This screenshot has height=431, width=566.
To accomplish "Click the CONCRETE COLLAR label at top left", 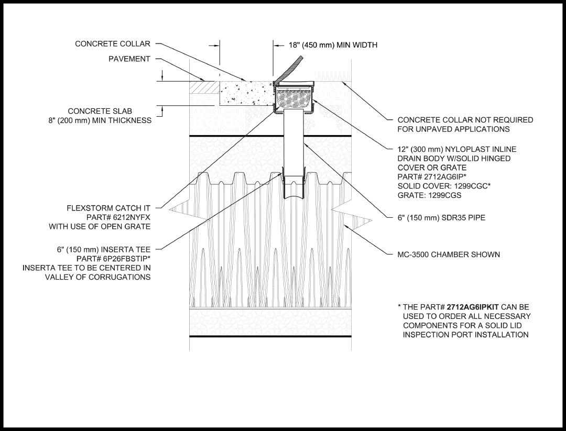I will click(x=113, y=44).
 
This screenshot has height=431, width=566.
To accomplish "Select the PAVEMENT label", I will click(x=129, y=59).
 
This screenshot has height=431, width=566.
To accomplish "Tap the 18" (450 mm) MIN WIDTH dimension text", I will click(x=333, y=45).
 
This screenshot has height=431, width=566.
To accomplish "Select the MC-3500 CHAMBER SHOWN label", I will click(x=449, y=255).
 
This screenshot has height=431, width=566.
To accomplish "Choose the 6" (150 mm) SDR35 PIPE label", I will click(x=441, y=218).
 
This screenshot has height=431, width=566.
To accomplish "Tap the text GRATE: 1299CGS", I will click(x=429, y=195).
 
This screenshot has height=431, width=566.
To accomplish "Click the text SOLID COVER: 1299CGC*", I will click(x=443, y=186).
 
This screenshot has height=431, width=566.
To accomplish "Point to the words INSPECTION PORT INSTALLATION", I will click(x=465, y=335).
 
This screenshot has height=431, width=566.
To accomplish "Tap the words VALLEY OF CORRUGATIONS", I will click(x=98, y=277).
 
